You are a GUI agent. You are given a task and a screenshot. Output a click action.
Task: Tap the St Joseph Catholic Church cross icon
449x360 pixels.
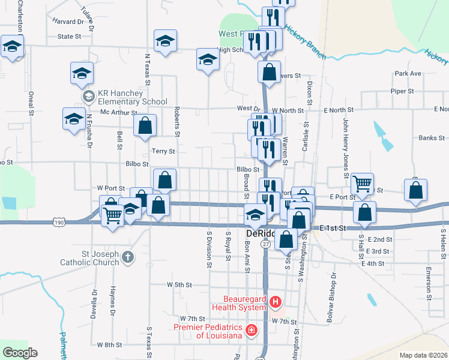[x=127, y=257]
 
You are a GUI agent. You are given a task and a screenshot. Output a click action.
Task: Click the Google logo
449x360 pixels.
[x=20, y=353]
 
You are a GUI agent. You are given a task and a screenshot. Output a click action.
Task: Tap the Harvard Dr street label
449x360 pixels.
[x=67, y=22]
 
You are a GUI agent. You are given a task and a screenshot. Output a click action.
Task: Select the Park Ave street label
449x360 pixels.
[x=408, y=73]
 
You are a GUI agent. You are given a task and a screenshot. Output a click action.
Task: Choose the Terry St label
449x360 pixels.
[x=163, y=151]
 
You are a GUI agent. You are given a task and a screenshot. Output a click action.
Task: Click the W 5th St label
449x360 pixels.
[x=179, y=284]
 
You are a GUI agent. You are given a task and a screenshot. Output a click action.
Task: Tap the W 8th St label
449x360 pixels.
[x=109, y=345]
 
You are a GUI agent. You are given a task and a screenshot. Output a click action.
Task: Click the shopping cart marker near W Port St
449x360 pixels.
[x=113, y=214]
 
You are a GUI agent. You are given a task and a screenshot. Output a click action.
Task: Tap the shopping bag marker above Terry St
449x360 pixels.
[x=145, y=125]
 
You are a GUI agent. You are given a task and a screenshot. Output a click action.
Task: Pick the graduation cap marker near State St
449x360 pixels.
[x=165, y=41]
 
